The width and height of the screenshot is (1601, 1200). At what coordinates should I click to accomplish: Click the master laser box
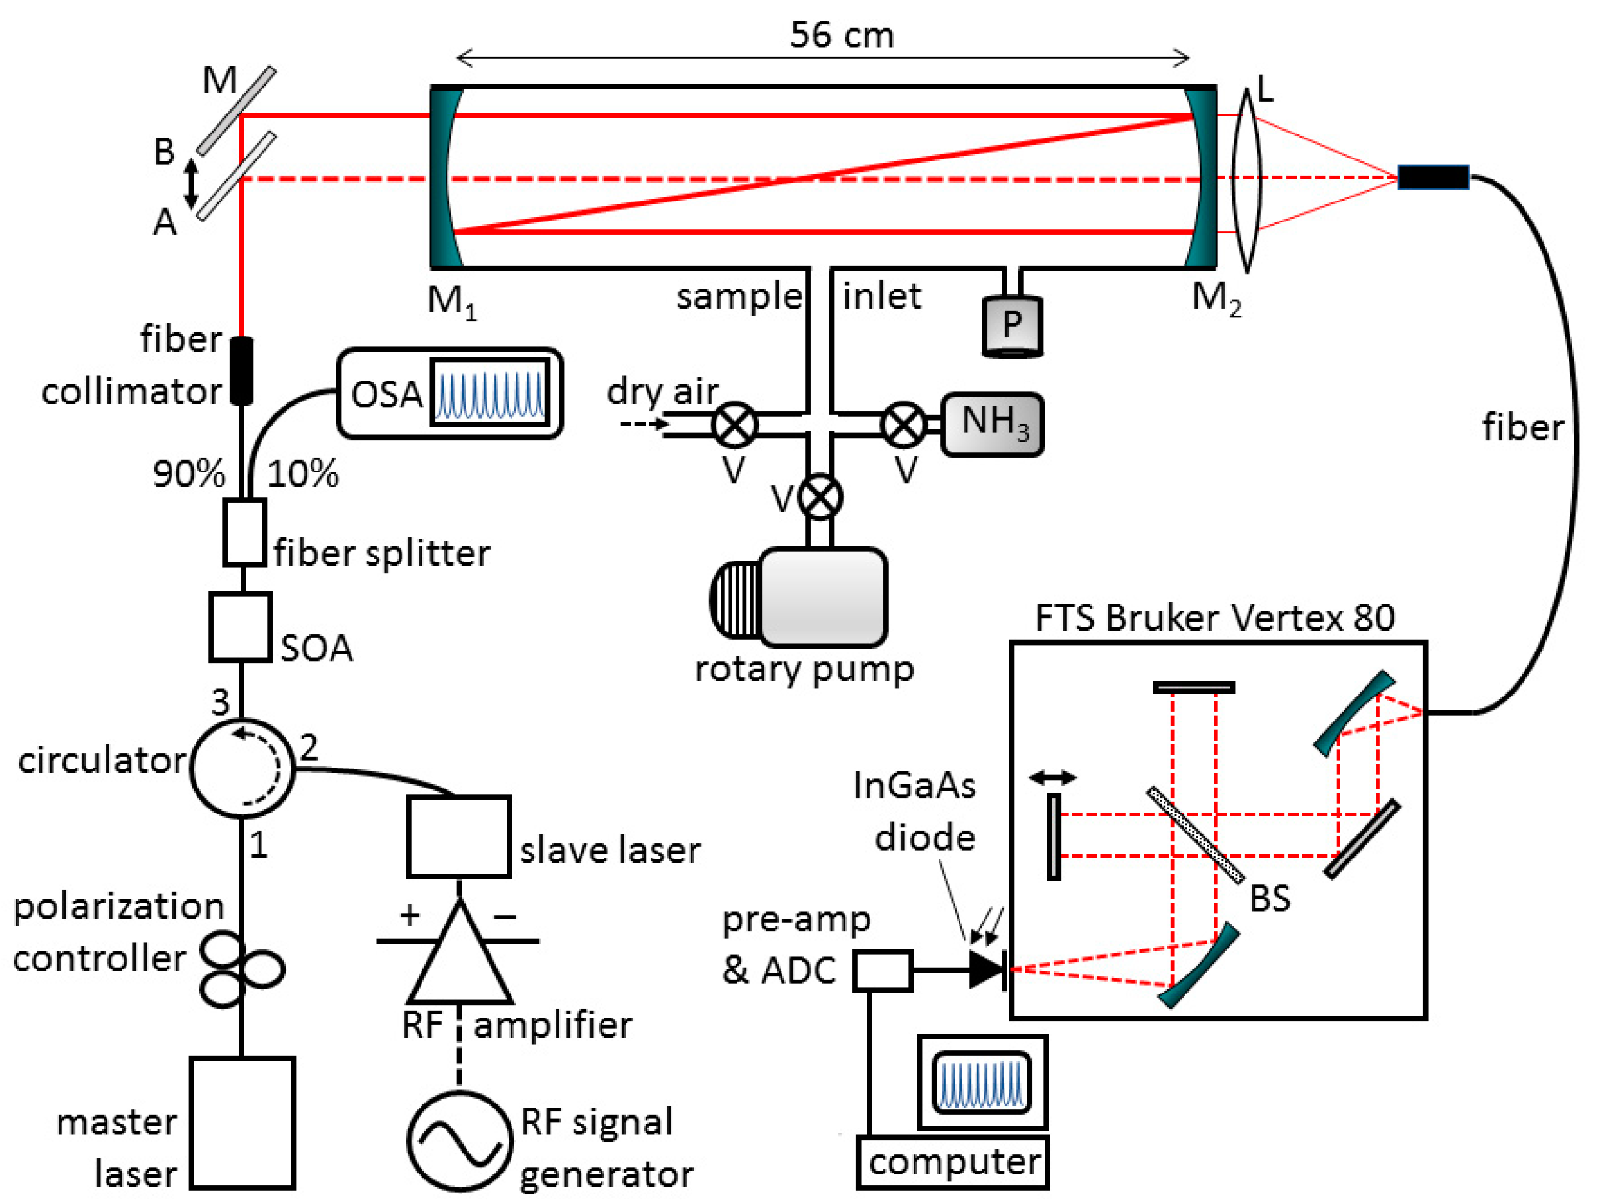(x=242, y=1122)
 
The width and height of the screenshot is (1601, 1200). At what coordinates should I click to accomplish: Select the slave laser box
(x=459, y=836)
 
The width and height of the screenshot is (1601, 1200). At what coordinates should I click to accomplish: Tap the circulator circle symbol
(x=242, y=768)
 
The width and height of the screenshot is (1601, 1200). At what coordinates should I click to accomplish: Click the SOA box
(x=241, y=627)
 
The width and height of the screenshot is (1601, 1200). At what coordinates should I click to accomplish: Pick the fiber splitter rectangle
(x=244, y=532)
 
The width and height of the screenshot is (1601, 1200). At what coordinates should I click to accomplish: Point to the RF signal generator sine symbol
(x=459, y=1141)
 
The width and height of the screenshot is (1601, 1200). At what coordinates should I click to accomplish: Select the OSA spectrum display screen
(x=489, y=392)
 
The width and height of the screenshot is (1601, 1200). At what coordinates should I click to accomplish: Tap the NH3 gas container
(x=992, y=424)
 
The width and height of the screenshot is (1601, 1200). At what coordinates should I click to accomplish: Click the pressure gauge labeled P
(x=1012, y=326)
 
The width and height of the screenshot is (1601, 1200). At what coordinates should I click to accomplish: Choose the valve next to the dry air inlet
(x=735, y=425)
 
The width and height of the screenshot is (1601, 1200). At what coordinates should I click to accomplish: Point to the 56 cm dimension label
(x=841, y=35)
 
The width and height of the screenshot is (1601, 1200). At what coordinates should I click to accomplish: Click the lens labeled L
(x=1246, y=179)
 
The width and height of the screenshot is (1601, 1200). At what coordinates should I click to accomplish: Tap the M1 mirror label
(x=451, y=301)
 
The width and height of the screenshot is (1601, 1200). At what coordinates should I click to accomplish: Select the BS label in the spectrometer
(x=1270, y=898)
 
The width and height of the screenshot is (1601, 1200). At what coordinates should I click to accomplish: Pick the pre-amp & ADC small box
(x=882, y=971)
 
